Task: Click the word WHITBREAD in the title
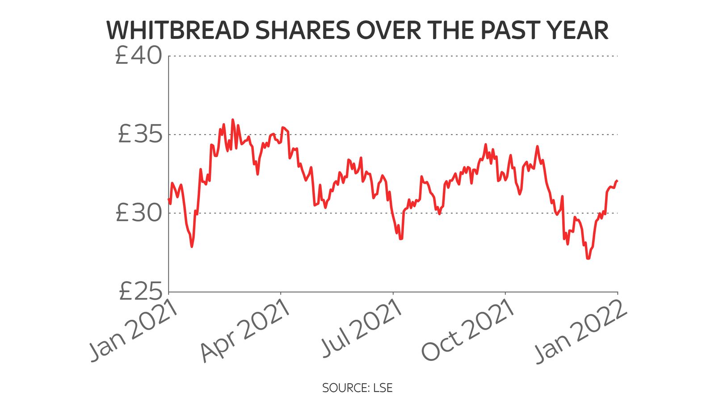pyautogui.click(x=178, y=30)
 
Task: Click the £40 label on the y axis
pyautogui.click(x=139, y=56)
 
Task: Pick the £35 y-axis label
pyautogui.click(x=139, y=134)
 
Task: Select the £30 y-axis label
pyautogui.click(x=139, y=213)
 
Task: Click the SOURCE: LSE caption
pyautogui.click(x=357, y=388)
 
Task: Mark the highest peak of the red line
pyautogui.click(x=232, y=120)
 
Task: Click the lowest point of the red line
pyautogui.click(x=588, y=258)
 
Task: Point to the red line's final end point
pyautogui.click(x=617, y=180)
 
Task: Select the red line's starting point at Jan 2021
pyautogui.click(x=168, y=199)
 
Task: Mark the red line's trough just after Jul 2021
pyautogui.click(x=401, y=239)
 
